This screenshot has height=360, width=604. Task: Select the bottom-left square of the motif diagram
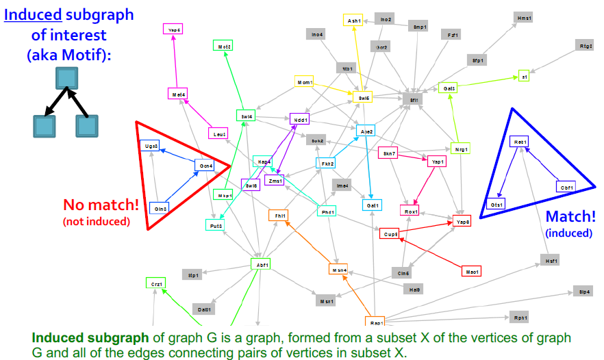point(43,127)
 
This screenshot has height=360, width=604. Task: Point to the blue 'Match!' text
point(569,217)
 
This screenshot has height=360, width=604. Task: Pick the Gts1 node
point(496,205)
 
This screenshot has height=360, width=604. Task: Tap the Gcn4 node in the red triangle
point(205,166)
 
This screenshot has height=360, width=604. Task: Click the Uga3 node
point(151,146)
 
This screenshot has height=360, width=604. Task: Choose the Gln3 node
point(160,207)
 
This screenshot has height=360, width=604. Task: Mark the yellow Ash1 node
point(354,21)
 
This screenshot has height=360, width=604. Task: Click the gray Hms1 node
point(525,17)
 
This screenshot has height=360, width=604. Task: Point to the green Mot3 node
point(225,46)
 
